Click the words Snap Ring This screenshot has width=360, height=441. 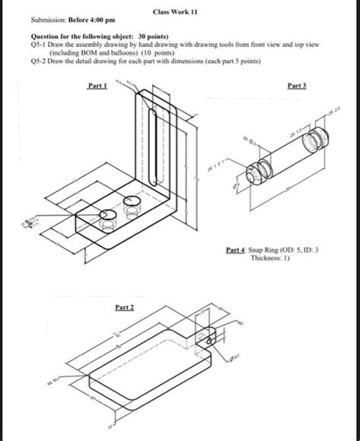click(269, 249)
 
